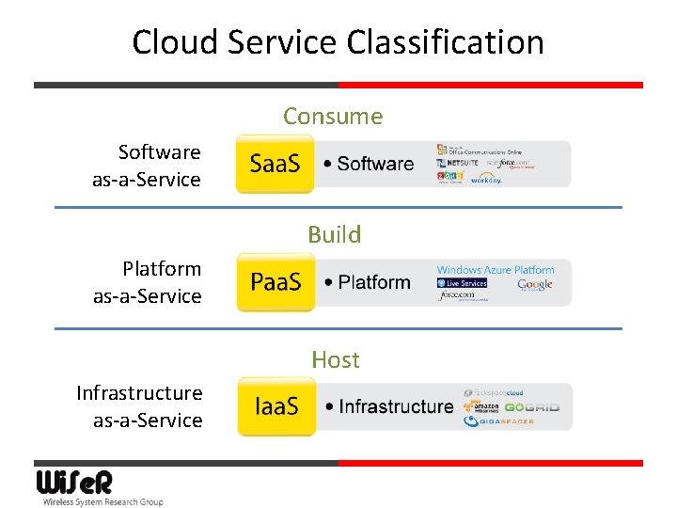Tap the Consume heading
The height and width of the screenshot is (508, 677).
(333, 117)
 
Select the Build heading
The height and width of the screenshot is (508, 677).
(334, 234)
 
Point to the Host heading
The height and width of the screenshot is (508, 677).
(336, 359)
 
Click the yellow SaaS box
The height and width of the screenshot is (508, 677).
(275, 164)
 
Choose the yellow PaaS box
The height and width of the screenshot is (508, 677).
(275, 282)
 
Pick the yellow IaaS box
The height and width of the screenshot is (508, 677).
(276, 406)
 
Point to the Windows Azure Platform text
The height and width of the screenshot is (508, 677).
(496, 270)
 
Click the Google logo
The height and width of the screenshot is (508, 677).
(534, 285)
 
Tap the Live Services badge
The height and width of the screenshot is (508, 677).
(462, 283)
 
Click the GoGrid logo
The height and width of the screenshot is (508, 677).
(531, 407)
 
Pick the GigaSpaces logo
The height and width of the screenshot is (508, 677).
(500, 421)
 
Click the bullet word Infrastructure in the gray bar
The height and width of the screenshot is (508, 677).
(395, 406)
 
